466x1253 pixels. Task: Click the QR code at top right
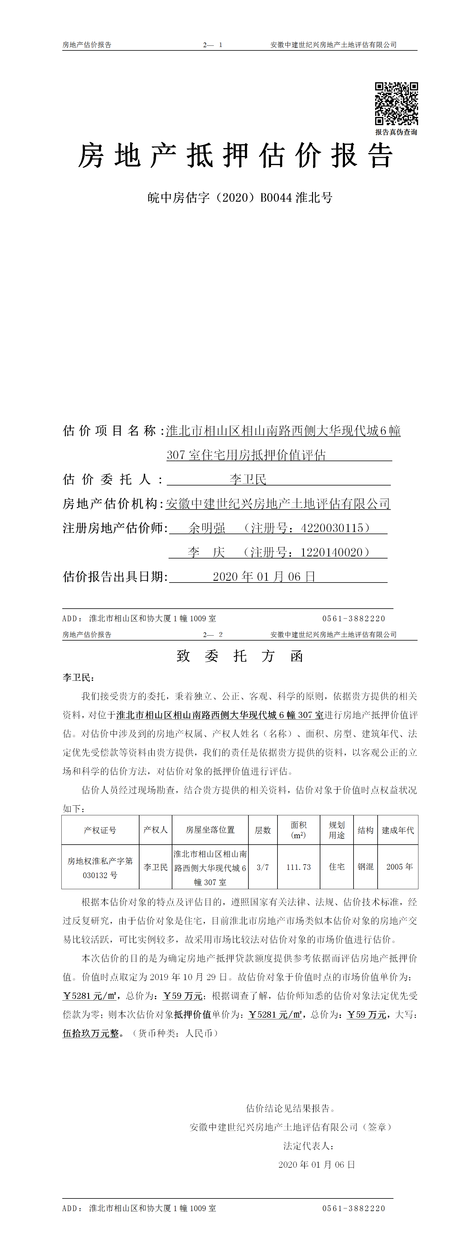[396, 103]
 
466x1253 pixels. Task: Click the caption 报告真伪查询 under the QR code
[396, 132]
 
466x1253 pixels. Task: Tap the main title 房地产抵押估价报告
[235, 156]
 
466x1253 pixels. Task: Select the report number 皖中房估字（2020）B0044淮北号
[240, 198]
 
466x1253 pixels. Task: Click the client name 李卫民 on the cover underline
[248, 480]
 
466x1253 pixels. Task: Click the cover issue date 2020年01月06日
[264, 577]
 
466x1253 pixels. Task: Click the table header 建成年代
[398, 830]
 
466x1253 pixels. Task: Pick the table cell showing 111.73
[299, 867]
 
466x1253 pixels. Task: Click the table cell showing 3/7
[263, 867]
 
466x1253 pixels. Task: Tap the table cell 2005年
[399, 867]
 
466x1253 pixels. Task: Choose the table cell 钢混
[365, 867]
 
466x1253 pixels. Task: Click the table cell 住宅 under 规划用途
[337, 867]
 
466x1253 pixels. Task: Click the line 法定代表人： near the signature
[309, 1146]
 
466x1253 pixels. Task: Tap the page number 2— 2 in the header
[213, 635]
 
